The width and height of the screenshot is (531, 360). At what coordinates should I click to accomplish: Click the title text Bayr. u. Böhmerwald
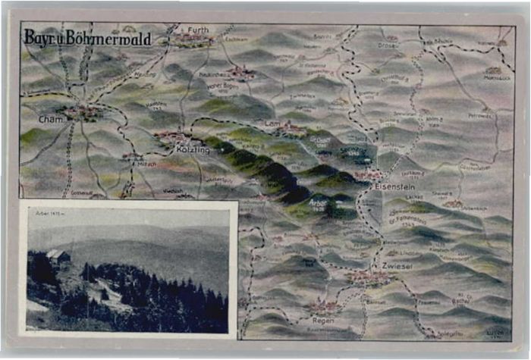pos(87,38)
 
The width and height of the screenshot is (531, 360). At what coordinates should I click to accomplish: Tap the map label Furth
pos(198,30)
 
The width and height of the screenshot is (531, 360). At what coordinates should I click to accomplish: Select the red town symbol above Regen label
pos(325,307)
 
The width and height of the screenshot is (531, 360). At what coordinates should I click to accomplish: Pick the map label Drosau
pos(388,45)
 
